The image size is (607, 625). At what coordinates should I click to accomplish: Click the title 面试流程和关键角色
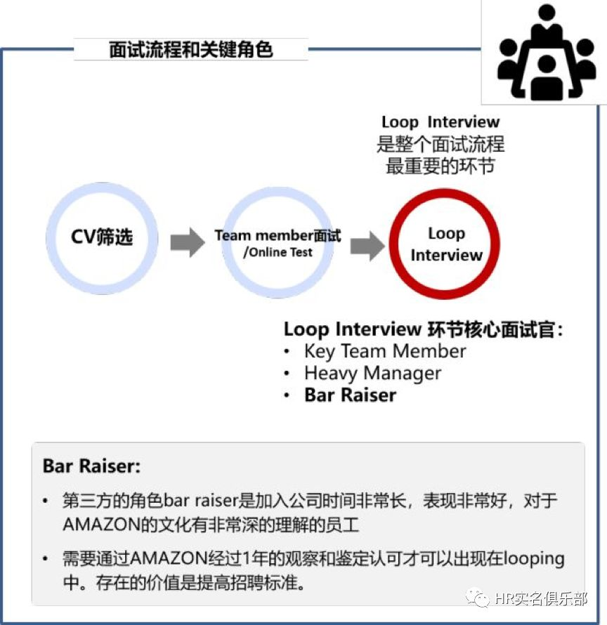pyautogui.click(x=190, y=50)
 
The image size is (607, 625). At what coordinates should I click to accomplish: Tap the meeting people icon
pyautogui.click(x=547, y=52)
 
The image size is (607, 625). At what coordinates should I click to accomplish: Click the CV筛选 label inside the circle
pyautogui.click(x=102, y=237)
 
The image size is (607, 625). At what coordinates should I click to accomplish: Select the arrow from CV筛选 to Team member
pyautogui.click(x=188, y=242)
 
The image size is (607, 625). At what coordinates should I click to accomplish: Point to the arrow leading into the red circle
pyautogui.click(x=367, y=246)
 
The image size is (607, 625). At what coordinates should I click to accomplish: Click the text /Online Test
pyautogui.click(x=278, y=252)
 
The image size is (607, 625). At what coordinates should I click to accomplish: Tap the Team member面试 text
pyautogui.click(x=278, y=235)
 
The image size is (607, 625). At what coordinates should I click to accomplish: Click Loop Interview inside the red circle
pyautogui.click(x=446, y=244)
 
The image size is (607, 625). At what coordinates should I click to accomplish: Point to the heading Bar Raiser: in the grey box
pyautogui.click(x=92, y=466)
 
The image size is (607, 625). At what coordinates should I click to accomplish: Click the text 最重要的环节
pyautogui.click(x=440, y=166)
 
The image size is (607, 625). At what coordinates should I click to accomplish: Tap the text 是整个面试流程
pyautogui.click(x=440, y=144)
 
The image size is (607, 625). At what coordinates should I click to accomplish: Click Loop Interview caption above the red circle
pyautogui.click(x=440, y=122)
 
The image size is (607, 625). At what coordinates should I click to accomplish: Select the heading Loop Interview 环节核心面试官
pyautogui.click(x=423, y=329)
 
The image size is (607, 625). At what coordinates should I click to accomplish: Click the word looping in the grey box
pyautogui.click(x=534, y=559)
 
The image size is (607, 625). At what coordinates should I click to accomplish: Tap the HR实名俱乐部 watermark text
pyautogui.click(x=541, y=598)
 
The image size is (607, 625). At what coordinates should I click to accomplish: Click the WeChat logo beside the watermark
pyautogui.click(x=478, y=598)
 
